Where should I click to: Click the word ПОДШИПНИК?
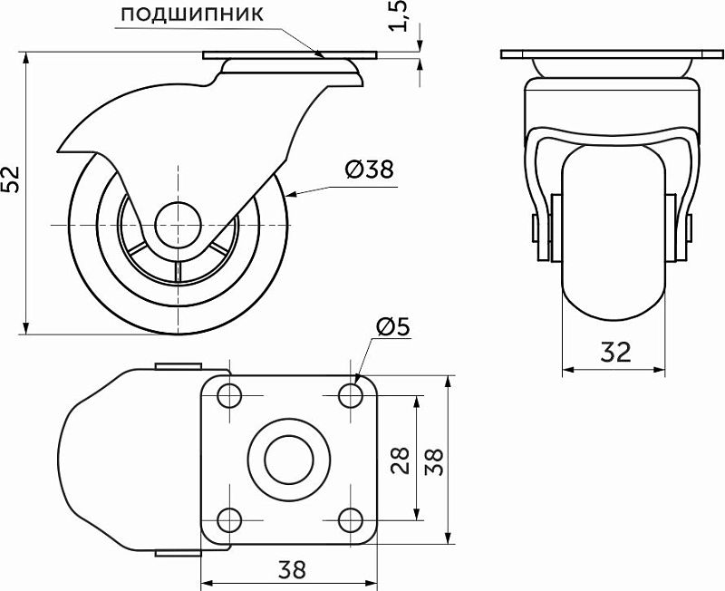pos(192,15)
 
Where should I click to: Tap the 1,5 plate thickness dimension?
pos(399,16)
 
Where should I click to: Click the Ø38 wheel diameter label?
pos(370,170)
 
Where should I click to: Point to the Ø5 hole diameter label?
pos(393,327)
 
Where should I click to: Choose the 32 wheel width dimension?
pos(615,352)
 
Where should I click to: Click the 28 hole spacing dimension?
pos(401,460)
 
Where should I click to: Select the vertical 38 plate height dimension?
pos(434,460)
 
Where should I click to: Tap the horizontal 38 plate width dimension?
pos(292,569)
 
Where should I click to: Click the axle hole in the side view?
pos(178,225)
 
